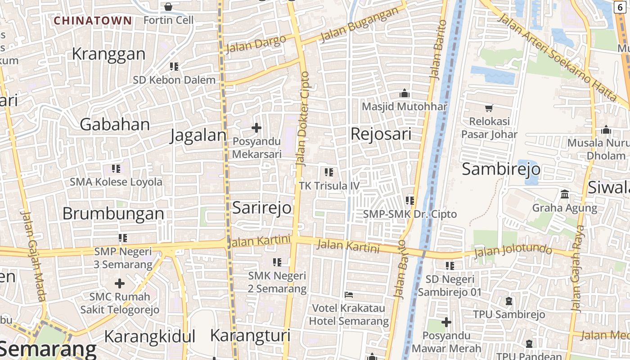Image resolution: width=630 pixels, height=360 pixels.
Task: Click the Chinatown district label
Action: (93, 21)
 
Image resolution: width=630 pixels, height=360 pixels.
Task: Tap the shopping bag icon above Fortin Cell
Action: (168, 7)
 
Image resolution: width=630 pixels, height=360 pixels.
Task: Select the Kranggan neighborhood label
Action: (108, 54)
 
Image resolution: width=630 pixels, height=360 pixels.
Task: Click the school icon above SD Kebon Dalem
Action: (174, 67)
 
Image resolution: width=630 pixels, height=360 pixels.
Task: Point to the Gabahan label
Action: (115, 124)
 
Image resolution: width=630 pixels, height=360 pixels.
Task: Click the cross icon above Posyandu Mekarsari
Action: (256, 128)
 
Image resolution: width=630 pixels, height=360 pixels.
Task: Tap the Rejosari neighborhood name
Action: (381, 134)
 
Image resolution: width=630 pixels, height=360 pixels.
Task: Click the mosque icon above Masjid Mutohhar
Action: (405, 94)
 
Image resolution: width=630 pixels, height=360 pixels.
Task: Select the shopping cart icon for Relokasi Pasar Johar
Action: (489, 108)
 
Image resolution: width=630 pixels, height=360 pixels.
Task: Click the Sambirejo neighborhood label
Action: (501, 169)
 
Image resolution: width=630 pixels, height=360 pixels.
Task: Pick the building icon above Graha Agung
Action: (564, 194)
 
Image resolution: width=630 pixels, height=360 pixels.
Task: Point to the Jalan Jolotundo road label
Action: (513, 250)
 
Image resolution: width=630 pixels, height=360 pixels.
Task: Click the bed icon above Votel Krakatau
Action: (348, 295)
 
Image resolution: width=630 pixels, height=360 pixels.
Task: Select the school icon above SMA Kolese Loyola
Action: (116, 169)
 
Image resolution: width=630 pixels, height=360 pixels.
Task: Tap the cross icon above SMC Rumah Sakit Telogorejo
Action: (120, 283)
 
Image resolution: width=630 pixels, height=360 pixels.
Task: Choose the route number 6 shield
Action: (621, 7)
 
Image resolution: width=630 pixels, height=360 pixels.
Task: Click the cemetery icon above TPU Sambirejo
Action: (509, 301)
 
